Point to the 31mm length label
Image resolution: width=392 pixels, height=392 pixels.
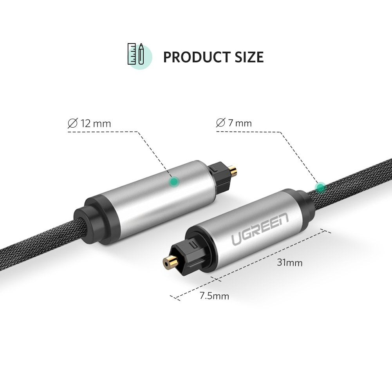pos(290,263)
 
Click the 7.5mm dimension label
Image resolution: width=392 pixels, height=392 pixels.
pos(214,296)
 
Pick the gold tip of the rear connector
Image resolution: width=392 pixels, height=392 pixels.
pos(233,170)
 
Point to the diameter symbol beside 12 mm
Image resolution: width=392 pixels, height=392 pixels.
pos(72,124)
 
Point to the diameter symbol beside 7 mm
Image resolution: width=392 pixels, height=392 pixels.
pos(220,123)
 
